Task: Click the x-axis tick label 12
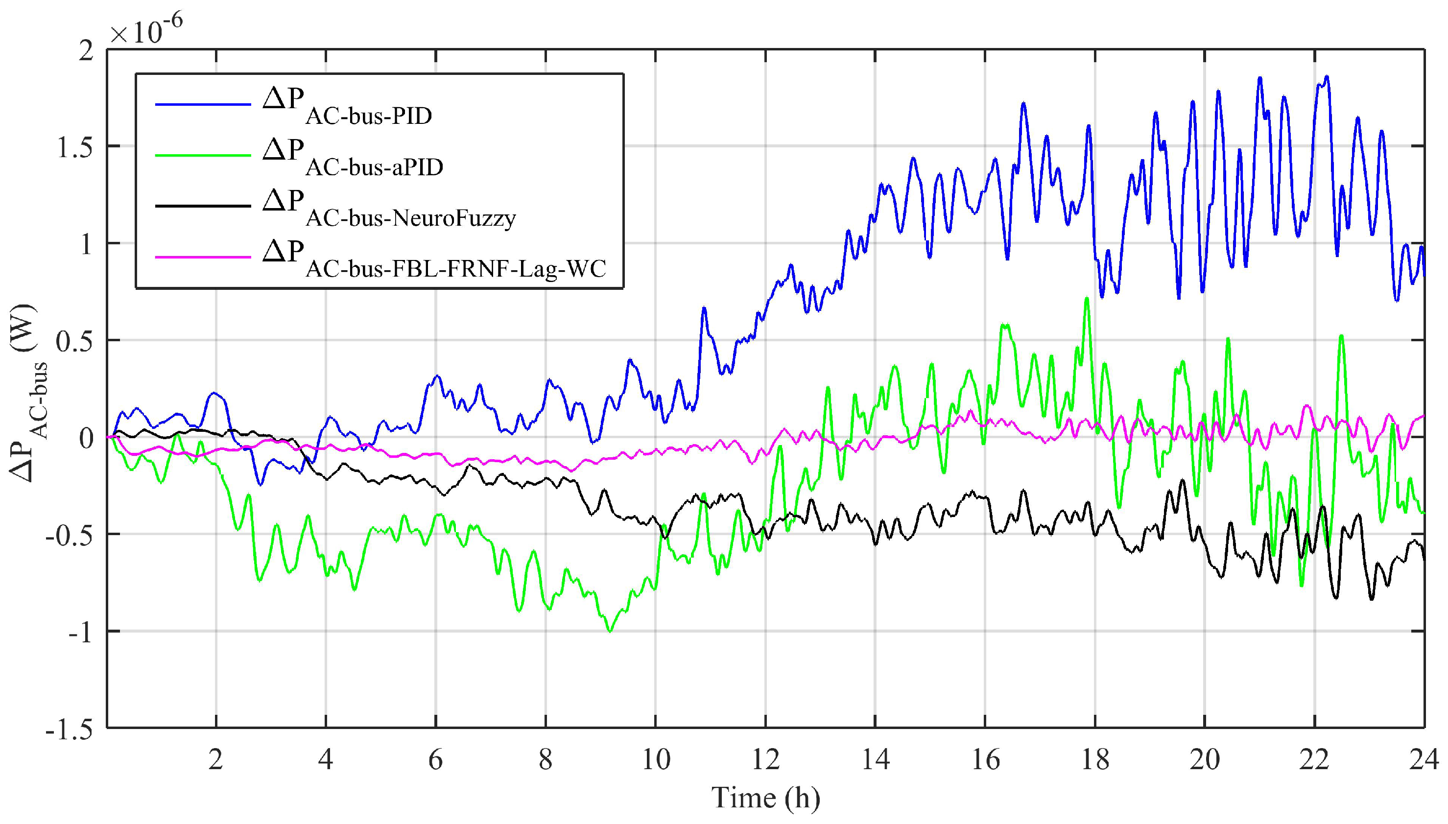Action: [x=765, y=759]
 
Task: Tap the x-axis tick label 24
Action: [x=1424, y=759]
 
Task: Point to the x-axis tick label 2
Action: [x=215, y=759]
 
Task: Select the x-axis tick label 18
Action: [x=1095, y=759]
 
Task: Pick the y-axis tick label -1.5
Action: [x=70, y=730]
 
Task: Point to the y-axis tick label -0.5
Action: [x=70, y=535]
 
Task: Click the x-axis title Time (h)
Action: [x=765, y=798]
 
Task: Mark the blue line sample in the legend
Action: [x=203, y=105]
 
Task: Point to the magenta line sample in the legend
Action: [x=203, y=258]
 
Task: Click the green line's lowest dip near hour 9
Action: [x=610, y=631]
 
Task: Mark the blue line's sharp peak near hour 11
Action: [x=704, y=308]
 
